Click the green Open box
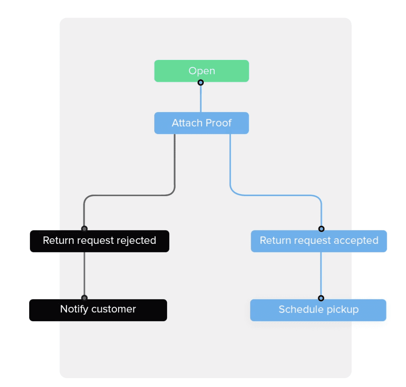[202, 71]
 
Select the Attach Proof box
[202, 123]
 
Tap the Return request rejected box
[99, 241]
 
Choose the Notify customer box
[98, 310]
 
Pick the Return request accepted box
[319, 241]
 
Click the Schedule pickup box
[318, 310]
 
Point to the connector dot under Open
[200, 82]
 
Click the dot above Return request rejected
[84, 229]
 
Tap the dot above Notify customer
[84, 298]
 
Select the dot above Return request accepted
[321, 229]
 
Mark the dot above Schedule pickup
[321, 298]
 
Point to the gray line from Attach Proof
[175, 163]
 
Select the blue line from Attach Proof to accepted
[230, 163]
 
